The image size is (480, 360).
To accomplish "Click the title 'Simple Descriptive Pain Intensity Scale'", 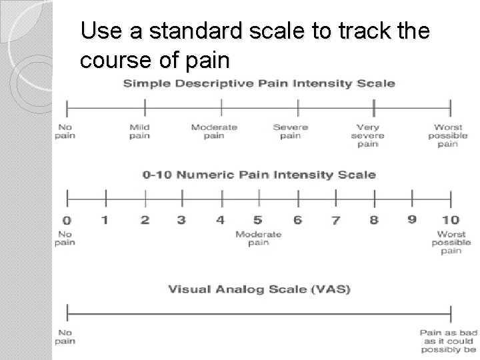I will (259, 83).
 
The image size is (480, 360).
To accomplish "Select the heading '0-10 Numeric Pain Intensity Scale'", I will (259, 175).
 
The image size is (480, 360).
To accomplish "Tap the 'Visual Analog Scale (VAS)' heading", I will (259, 289).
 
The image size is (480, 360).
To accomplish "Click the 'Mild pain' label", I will (139, 131).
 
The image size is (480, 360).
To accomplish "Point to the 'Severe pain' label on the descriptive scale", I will (291, 131).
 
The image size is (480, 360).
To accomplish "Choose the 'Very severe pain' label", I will (367, 135).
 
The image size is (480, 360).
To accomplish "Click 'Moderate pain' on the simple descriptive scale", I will (214, 131).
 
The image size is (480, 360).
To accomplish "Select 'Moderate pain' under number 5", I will (258, 238).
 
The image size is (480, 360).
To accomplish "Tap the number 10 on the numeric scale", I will (450, 220).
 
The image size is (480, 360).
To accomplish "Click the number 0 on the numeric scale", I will (66, 221).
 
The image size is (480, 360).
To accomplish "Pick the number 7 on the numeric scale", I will (335, 221).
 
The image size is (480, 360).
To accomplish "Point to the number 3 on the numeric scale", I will (181, 220).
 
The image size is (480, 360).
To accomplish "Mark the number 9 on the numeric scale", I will (412, 219).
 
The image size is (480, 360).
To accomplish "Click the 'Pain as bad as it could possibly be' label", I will (447, 340).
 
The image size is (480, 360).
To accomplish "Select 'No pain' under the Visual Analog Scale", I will (65, 337).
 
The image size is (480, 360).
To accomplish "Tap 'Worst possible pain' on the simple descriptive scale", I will (448, 135).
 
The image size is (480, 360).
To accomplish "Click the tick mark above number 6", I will (297, 197).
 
